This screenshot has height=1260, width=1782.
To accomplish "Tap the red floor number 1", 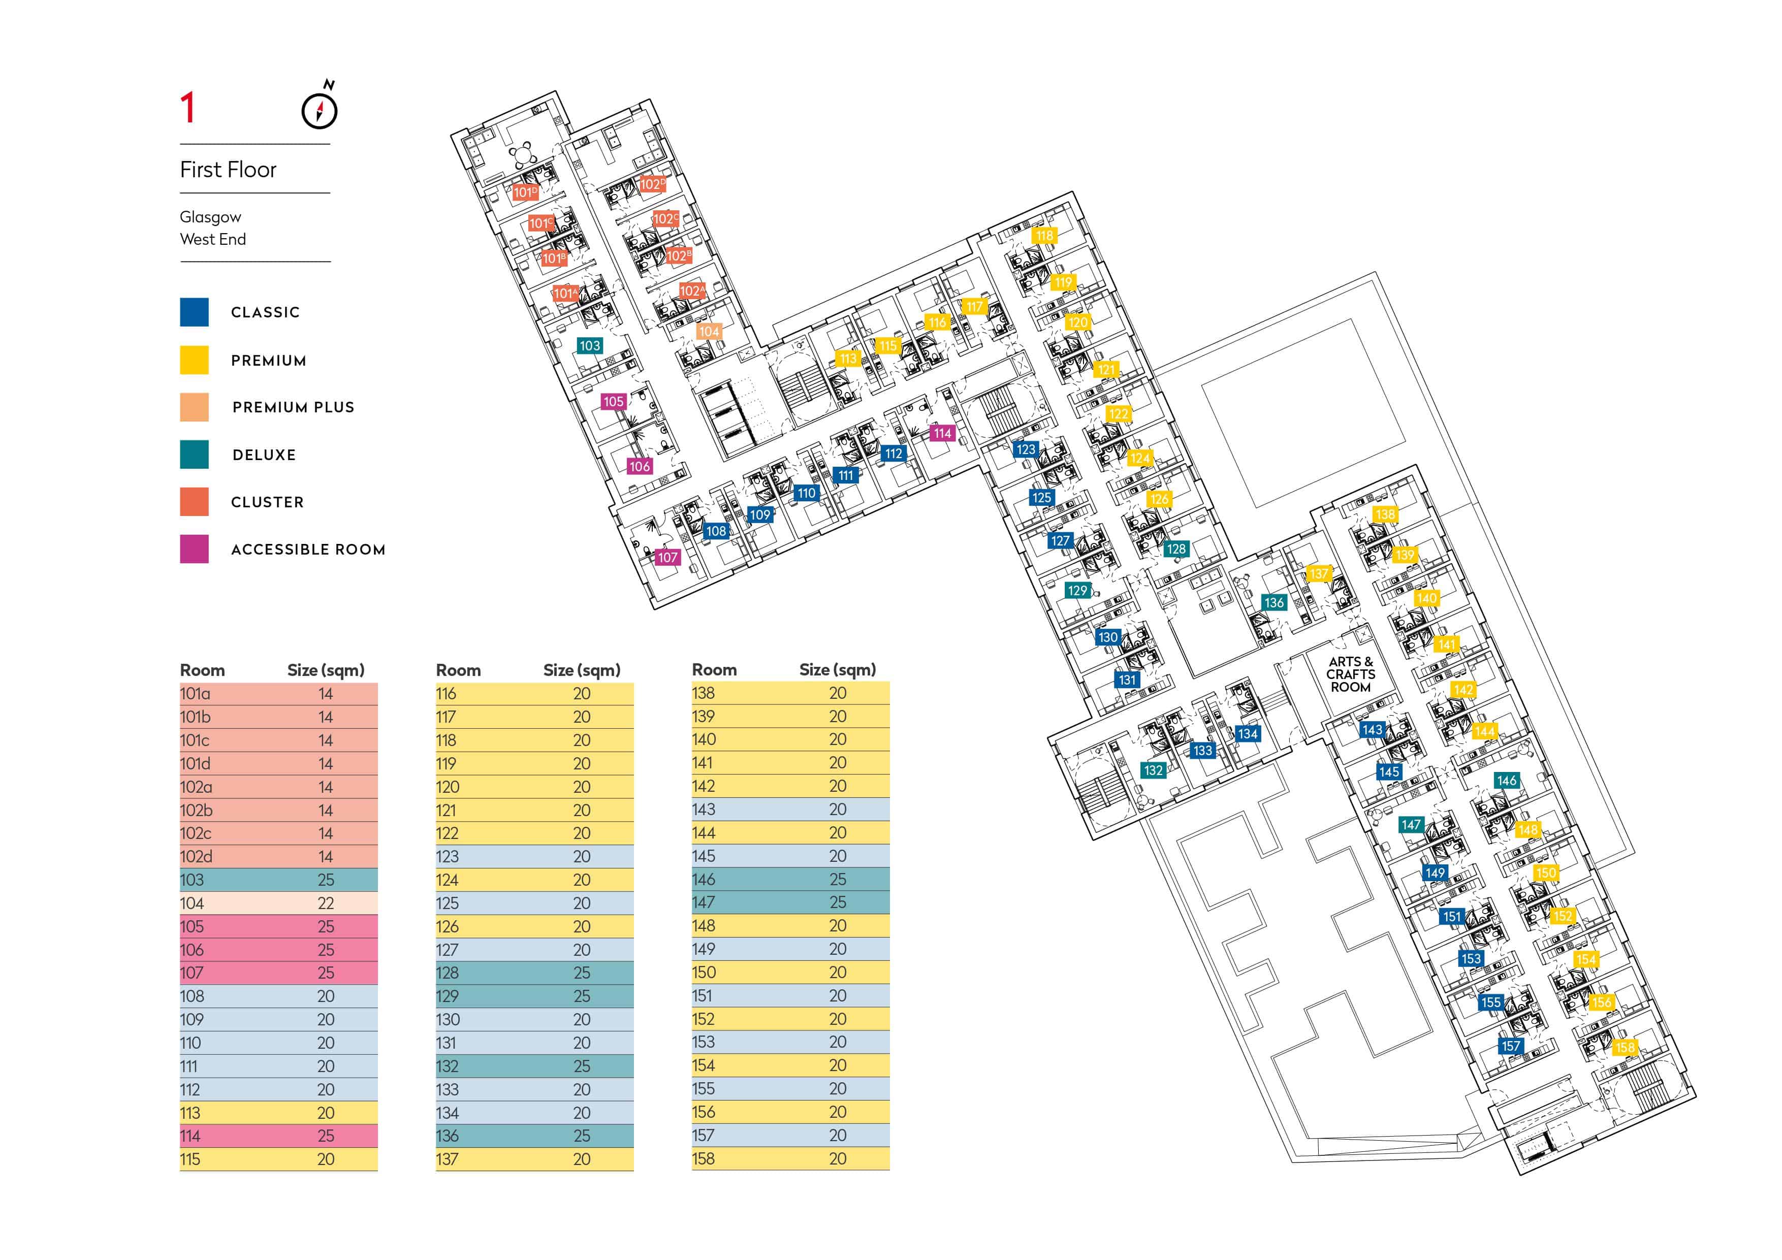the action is click(187, 107).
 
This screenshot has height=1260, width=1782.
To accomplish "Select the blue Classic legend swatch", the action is click(194, 312).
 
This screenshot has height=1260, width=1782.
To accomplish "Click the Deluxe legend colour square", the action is click(194, 455).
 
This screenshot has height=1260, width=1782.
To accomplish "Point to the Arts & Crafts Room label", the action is click(1351, 674).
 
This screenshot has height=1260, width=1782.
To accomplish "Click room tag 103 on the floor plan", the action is click(590, 345).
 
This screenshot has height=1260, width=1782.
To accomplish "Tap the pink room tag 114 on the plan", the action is click(943, 433).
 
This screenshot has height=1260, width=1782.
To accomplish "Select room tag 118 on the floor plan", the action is click(1045, 235).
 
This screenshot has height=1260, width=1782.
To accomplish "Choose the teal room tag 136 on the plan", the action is click(1274, 602).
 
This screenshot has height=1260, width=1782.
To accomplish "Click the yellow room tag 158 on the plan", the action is click(1625, 1047).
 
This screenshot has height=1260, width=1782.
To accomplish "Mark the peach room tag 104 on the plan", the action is click(709, 331).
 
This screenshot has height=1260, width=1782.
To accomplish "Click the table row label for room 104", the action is click(192, 903).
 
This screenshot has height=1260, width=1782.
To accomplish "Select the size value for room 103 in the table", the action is click(326, 880).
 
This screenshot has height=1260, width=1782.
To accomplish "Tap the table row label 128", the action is click(447, 973).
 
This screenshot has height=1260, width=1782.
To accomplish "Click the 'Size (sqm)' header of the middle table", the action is click(582, 669).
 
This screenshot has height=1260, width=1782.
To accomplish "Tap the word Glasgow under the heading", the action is click(210, 217).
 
